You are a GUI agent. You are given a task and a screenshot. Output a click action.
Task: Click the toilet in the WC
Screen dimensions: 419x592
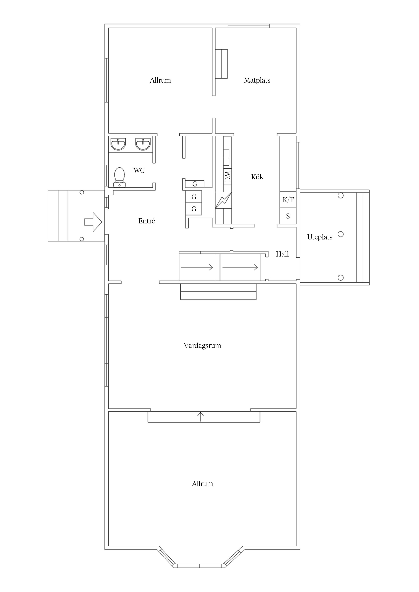(119, 177)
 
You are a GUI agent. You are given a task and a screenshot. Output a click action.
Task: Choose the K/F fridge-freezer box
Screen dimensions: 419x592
(288, 200)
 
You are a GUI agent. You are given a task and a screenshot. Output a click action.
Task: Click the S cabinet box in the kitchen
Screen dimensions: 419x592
(288, 216)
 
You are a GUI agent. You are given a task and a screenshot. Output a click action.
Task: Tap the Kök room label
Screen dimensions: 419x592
(257, 177)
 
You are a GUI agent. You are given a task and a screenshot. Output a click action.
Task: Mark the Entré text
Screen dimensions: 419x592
(147, 221)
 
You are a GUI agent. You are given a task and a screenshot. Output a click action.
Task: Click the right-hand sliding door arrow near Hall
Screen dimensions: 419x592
(240, 267)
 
